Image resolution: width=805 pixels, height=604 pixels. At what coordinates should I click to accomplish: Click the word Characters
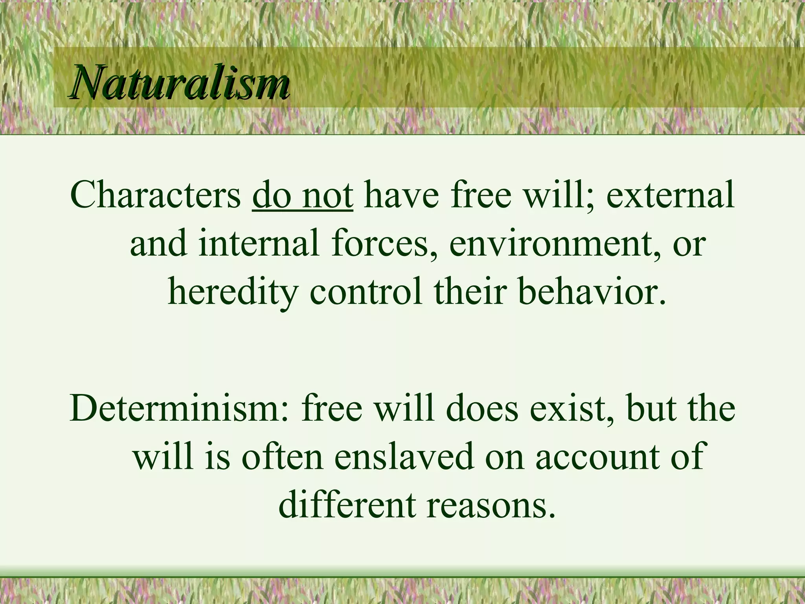pos(156,195)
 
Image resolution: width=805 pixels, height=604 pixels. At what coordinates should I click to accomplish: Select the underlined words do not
pos(303,195)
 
